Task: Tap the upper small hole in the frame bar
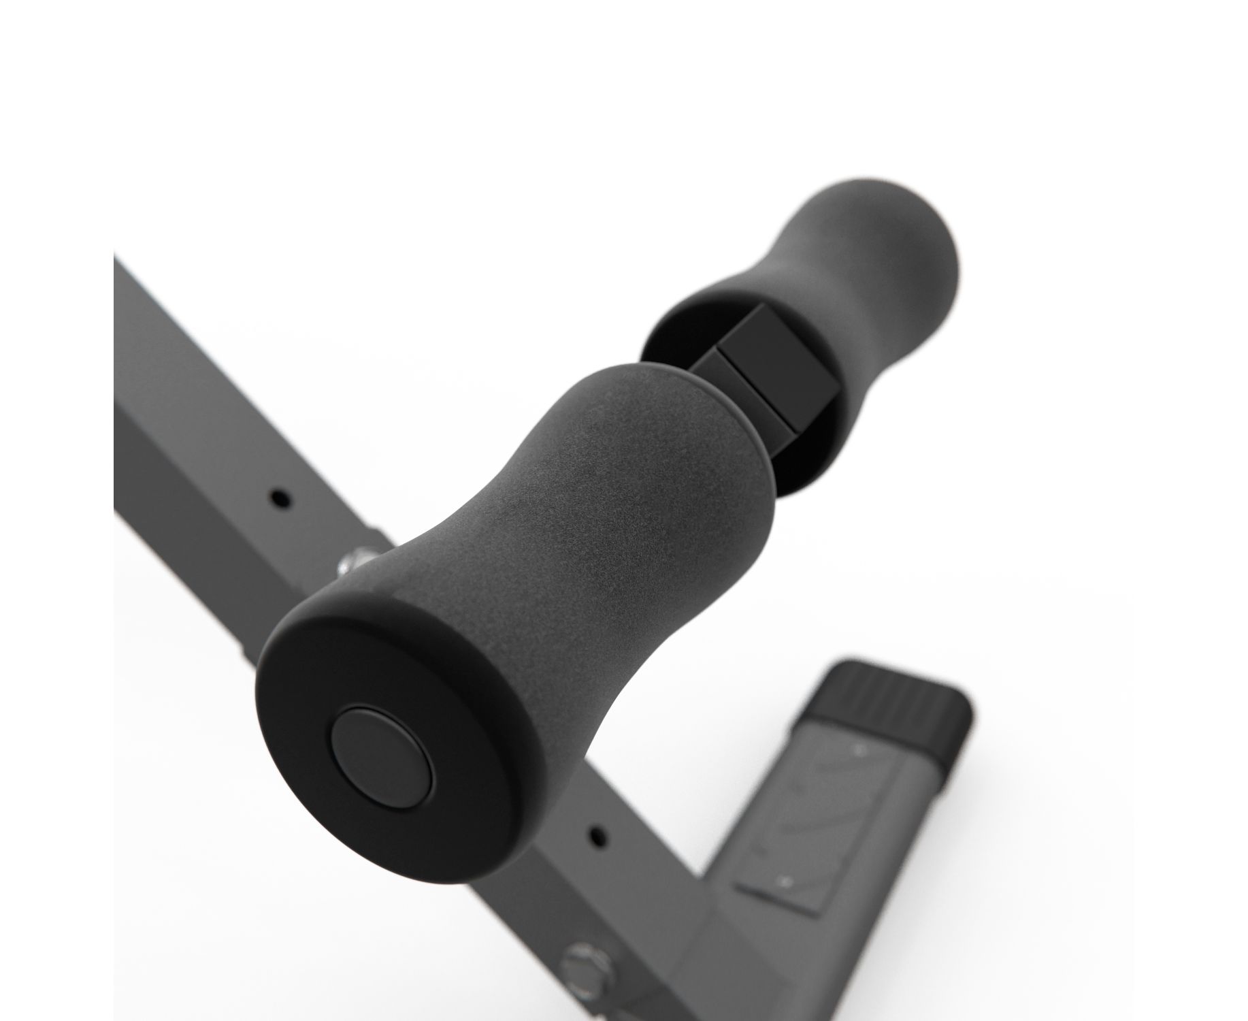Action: [x=279, y=496]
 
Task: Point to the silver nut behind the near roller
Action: [x=354, y=561]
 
